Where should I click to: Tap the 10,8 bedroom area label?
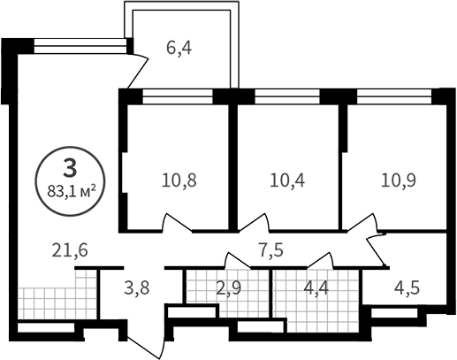coord(179,180)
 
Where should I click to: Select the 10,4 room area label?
coord(287,180)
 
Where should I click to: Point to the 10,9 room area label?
coord(398,180)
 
